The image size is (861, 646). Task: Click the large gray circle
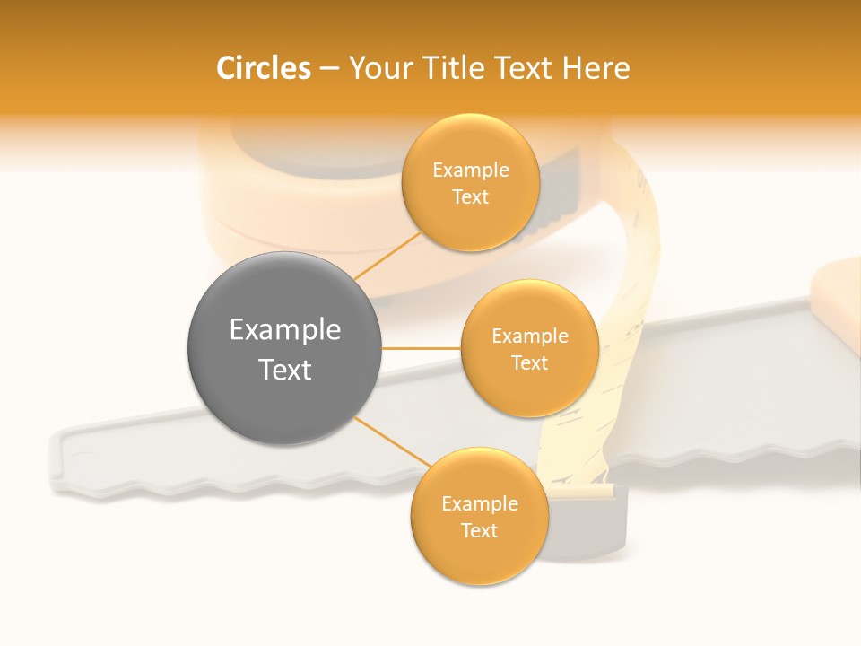pos(284,349)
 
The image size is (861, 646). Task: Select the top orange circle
pos(471,182)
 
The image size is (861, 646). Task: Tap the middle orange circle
pos(529,348)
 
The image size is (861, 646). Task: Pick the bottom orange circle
pos(479,517)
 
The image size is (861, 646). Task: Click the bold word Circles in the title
pos(264,68)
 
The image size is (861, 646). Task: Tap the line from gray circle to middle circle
pos(421,348)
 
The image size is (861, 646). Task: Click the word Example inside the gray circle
pos(285,330)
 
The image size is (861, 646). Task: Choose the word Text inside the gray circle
pos(285,370)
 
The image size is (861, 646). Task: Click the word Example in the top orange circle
pos(471,170)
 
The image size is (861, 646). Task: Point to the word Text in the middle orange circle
pos(529,362)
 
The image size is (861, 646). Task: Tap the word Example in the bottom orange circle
pos(479,504)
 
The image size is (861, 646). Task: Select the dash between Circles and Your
pos(329,69)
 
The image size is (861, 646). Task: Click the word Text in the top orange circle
pos(471,196)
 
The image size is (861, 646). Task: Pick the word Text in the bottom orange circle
pos(479,531)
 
